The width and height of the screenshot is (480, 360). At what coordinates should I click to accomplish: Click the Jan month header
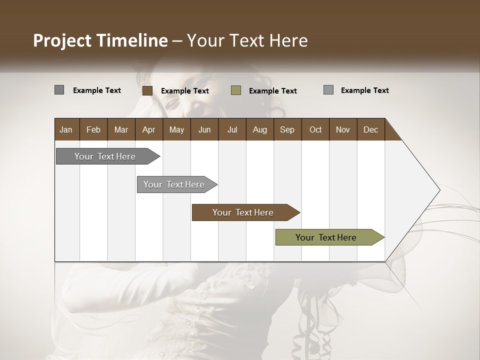coord(66,129)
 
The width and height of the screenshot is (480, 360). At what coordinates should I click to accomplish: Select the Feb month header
coord(93,129)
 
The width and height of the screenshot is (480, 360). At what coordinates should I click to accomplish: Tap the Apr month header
coord(149,129)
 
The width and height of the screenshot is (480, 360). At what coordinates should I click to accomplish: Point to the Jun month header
coord(204,129)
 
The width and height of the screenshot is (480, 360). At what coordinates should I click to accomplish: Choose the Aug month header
coord(260,129)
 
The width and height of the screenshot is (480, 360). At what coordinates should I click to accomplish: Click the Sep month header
coord(287,129)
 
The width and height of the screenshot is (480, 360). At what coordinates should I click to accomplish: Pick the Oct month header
coord(315,129)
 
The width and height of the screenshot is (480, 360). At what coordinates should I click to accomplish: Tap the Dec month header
coord(371,129)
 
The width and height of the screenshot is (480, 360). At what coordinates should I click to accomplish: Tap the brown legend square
coord(147,90)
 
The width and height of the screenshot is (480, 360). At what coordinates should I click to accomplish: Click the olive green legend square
coord(236,90)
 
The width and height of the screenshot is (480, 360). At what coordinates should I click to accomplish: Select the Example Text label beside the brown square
coord(185,91)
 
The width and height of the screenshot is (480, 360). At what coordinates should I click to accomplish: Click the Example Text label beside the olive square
coord(273,91)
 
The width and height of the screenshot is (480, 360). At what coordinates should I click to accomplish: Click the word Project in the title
coord(62,40)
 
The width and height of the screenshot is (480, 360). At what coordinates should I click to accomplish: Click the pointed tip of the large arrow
coord(438,190)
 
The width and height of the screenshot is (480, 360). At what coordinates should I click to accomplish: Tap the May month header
coord(176,129)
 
